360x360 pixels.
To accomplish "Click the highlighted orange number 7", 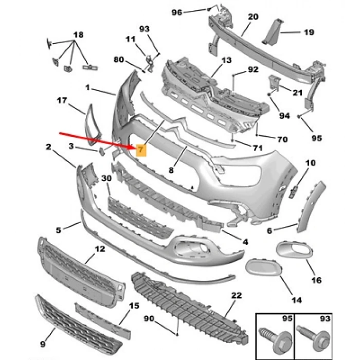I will [141, 150].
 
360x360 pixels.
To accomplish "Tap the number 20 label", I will [253, 16].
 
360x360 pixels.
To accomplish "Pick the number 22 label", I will [236, 295].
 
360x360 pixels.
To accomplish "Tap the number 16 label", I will [316, 280].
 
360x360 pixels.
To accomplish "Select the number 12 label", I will [99, 249].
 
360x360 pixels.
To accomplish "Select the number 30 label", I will [106, 178].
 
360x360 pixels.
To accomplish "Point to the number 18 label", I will [78, 34].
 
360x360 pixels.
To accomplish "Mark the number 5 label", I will [59, 229].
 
